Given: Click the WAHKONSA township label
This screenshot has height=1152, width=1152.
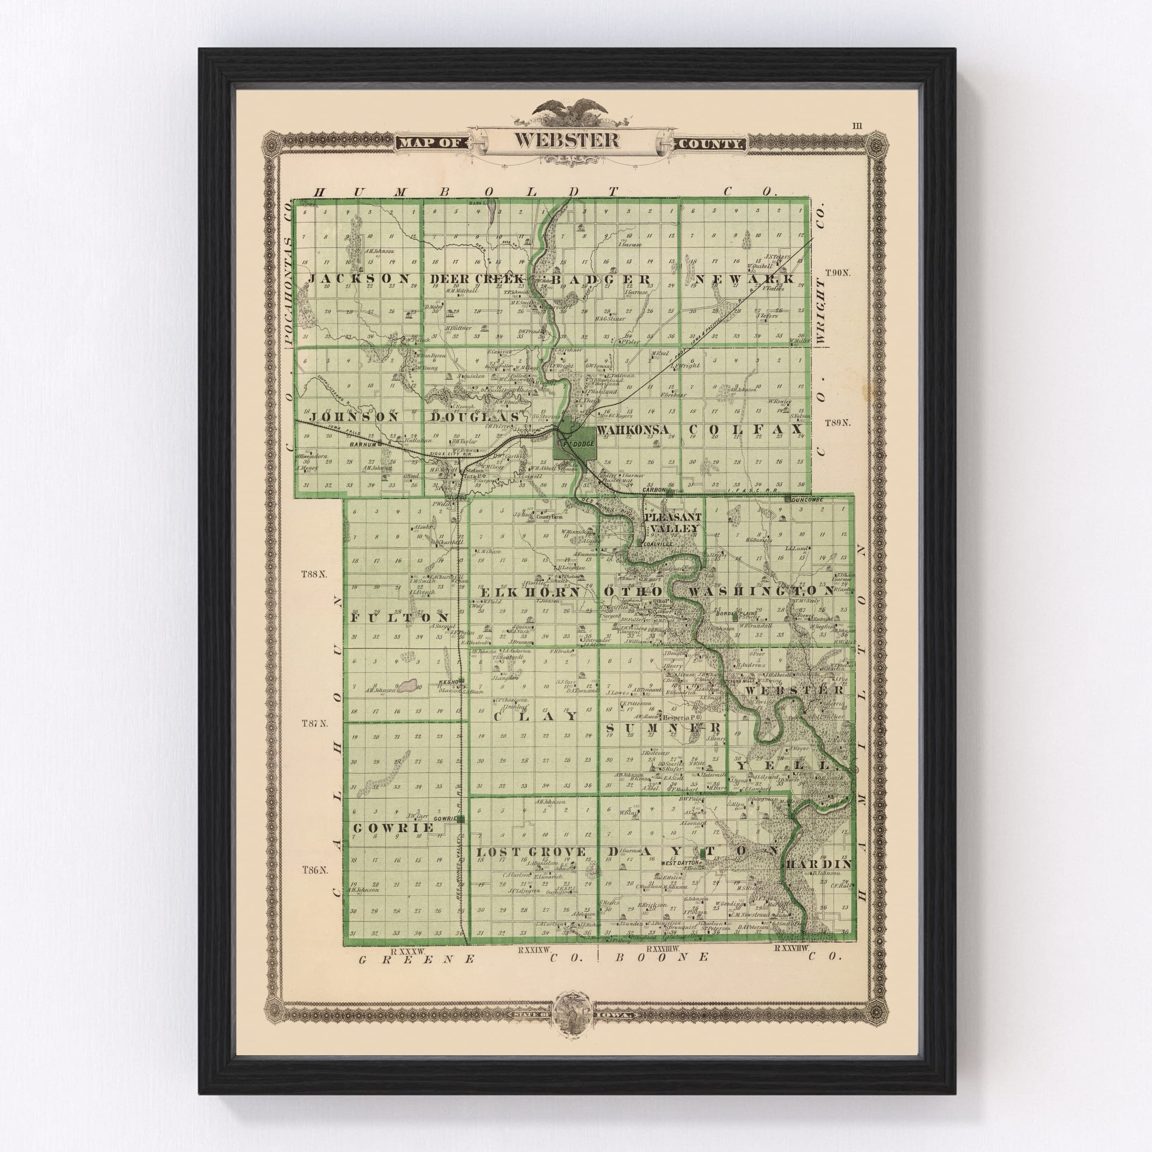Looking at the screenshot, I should (634, 430).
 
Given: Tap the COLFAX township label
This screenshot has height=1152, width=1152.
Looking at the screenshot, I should (746, 429).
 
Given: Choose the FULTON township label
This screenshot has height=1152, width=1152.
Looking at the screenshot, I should (399, 618).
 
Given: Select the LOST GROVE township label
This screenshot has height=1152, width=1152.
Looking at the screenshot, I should (531, 852).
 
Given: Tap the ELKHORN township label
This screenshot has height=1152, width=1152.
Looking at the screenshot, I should (530, 592).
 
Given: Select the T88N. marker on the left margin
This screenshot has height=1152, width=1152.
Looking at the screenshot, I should (315, 575).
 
